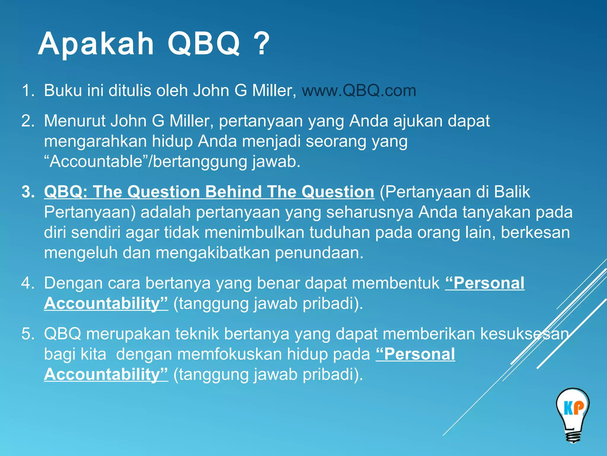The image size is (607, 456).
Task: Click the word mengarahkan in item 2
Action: click(95, 142)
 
